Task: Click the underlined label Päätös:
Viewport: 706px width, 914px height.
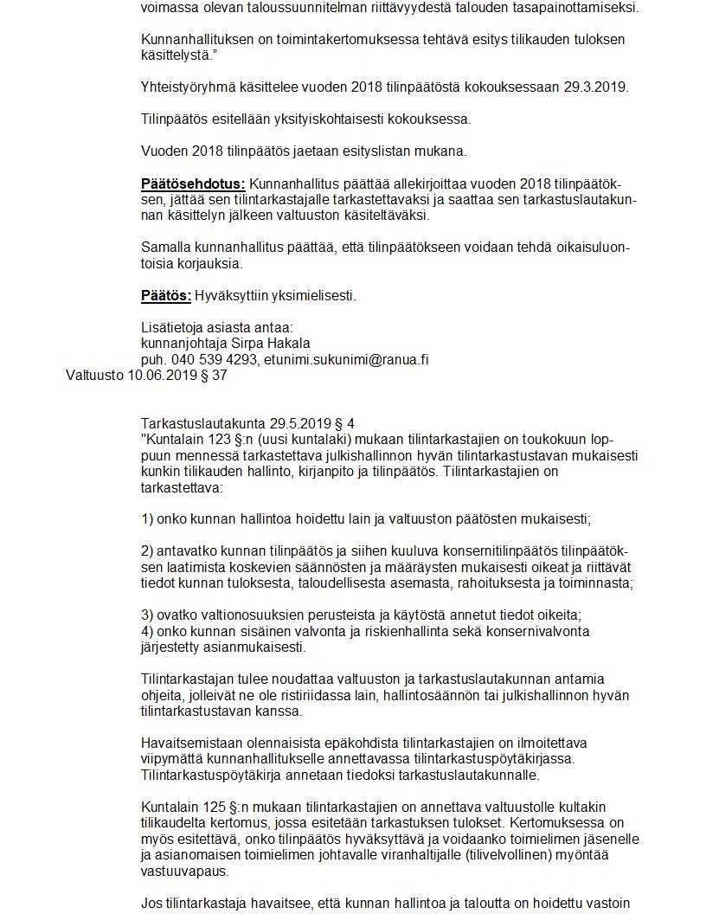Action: [166, 296]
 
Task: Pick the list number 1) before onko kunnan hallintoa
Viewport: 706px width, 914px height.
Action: [148, 519]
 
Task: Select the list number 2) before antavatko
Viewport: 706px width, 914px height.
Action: [148, 552]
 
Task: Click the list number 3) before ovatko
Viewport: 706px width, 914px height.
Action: [148, 615]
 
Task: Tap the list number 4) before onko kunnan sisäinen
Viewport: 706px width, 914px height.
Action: [148, 631]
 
